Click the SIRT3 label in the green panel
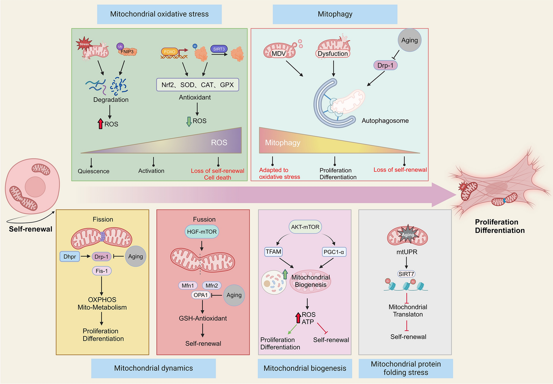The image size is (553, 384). coord(219,49)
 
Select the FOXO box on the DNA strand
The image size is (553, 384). coord(170,52)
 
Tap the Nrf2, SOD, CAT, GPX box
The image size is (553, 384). coord(198,85)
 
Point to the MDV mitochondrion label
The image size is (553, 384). coord(279,53)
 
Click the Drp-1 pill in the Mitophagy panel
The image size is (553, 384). coord(385,65)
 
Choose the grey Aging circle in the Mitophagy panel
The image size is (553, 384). coord(409,40)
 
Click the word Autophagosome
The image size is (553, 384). coord(385,121)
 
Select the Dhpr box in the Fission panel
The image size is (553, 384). coord(70,256)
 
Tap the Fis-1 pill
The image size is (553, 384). coord(102,271)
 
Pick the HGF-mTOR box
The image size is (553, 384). coord(202,231)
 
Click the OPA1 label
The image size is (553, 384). coord(201,295)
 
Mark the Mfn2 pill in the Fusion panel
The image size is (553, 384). coord(212,286)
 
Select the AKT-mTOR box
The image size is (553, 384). coord(305,227)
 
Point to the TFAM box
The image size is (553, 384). coord(273,252)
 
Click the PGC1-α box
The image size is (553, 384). coord(334,252)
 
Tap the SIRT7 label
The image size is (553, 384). coord(406,274)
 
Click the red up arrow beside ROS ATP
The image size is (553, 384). coord(298,318)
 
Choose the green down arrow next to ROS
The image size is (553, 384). coord(189,121)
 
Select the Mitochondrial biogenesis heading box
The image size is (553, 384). coord(305,368)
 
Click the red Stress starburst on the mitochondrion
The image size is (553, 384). coord(84,43)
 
